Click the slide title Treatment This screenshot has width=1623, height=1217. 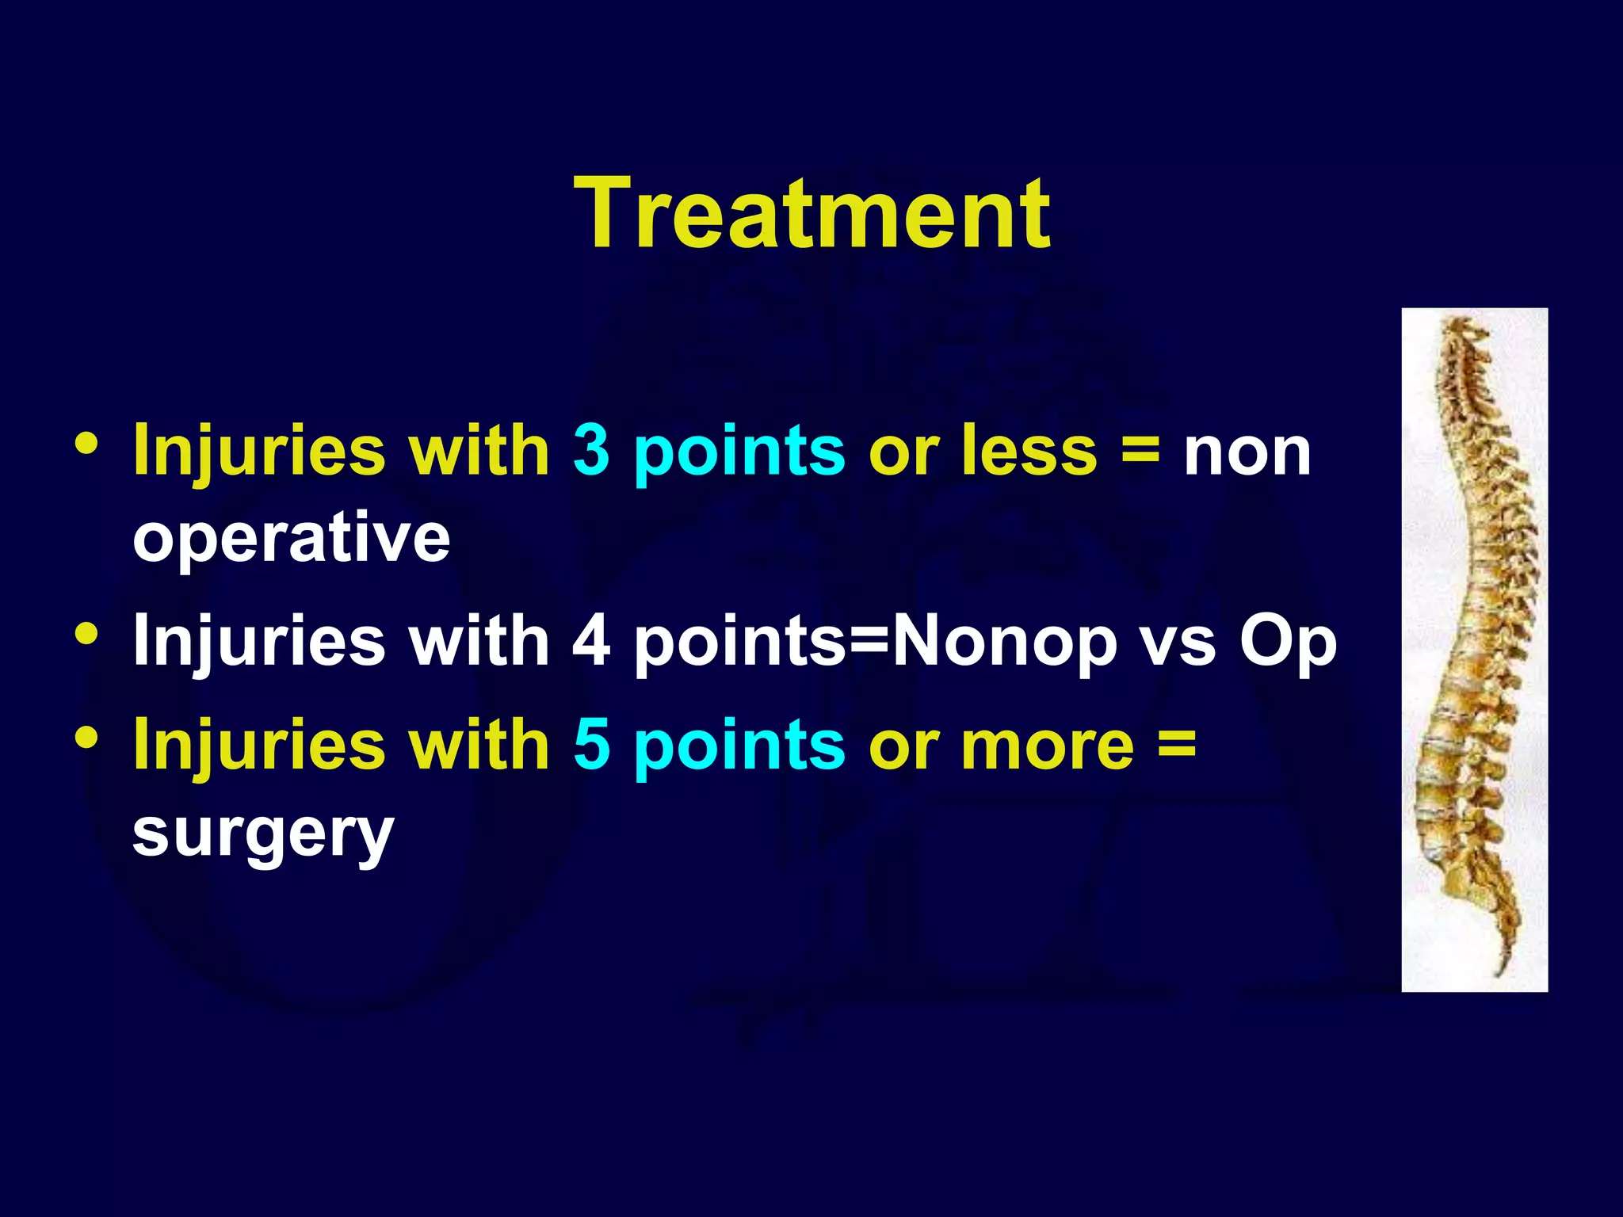click(x=811, y=214)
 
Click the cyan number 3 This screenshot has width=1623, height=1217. click(x=590, y=450)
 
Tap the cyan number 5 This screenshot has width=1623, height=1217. click(x=590, y=745)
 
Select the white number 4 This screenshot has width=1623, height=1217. click(x=590, y=640)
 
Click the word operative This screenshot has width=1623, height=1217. click(x=291, y=539)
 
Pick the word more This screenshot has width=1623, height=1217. click(x=1047, y=745)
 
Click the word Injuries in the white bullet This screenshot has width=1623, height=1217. click(x=259, y=640)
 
